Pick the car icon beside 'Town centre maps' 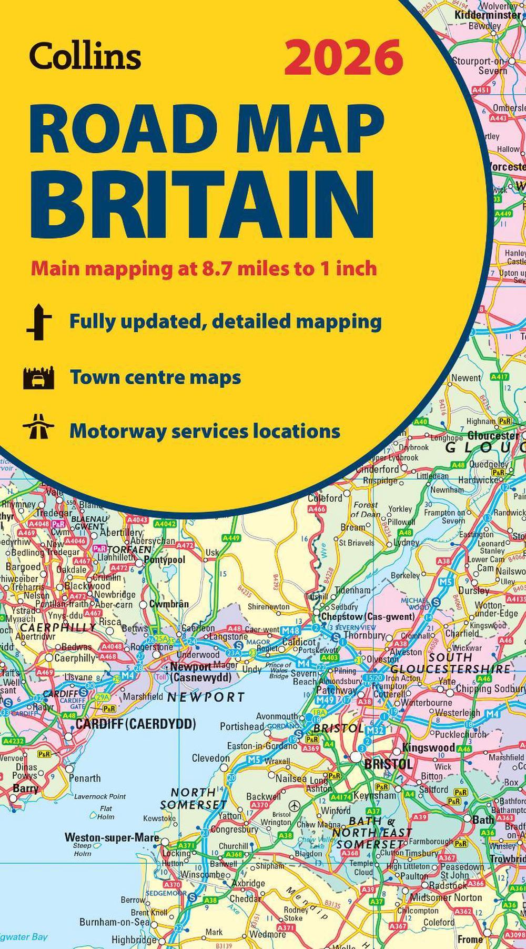38,378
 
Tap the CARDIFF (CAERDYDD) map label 136,725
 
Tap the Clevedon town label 211,758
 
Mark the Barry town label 25,788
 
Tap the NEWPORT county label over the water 206,697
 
